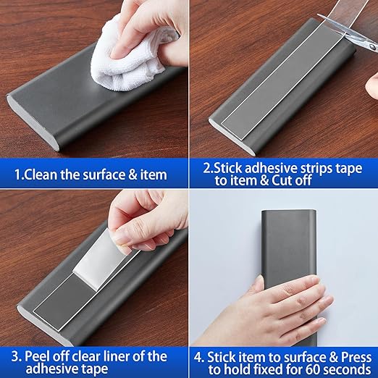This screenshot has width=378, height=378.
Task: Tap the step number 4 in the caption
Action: coord(199,357)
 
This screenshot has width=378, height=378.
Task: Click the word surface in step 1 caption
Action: coord(107,175)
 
